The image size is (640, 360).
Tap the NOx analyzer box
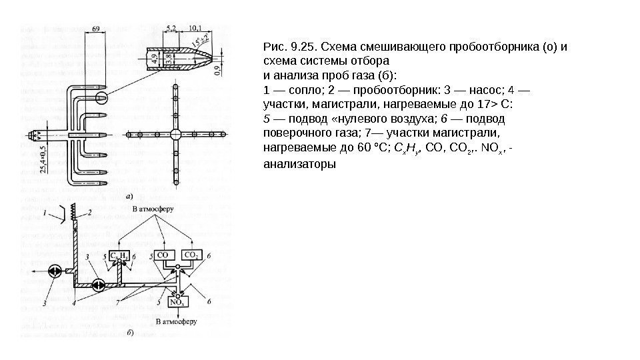(177, 301)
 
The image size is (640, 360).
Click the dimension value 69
(96, 29)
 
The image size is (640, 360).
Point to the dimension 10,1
(197, 28)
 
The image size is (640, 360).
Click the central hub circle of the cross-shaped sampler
(175, 135)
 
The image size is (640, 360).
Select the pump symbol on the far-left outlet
(55, 271)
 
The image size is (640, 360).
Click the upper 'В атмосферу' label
(153, 209)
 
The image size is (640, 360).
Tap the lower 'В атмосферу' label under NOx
(175, 321)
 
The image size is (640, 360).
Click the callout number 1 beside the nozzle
(45, 213)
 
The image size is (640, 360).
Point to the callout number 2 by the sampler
(87, 213)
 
